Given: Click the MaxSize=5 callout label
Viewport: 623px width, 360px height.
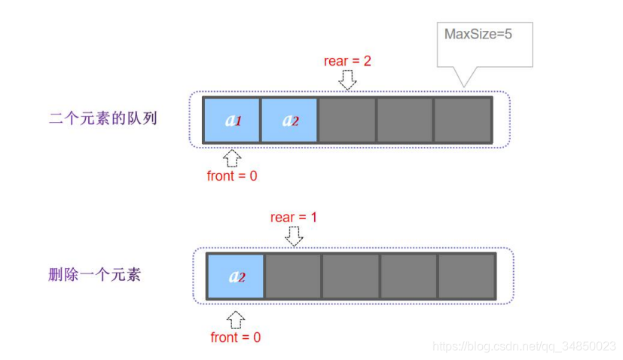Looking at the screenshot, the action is pos(478,34).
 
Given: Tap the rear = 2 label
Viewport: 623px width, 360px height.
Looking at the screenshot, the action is pos(347,61).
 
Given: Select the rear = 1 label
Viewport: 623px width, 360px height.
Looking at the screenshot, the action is pos(294,218).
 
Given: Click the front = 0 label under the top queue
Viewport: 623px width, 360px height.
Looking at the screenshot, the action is pos(232,176).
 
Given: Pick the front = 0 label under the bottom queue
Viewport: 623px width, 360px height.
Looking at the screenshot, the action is pos(236,337).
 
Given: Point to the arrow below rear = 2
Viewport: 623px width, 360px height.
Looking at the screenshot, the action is pos(347,79).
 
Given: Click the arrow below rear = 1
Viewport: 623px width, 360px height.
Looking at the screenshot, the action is pos(294,236).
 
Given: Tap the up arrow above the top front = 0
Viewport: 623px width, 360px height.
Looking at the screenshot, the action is pos(232,157).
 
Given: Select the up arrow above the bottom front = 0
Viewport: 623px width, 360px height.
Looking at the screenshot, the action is pos(236,319).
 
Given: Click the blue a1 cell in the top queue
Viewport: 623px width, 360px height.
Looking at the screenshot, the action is pos(232,120).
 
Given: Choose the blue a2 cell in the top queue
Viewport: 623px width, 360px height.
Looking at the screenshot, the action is pos(289,120).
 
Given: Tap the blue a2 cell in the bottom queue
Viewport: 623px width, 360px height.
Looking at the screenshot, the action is pos(236,276).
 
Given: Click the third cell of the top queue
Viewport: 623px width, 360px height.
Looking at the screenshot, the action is pos(347,120).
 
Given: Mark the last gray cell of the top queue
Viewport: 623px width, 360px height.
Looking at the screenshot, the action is pos(463,120).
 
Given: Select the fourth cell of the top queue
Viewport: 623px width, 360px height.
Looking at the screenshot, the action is pos(405,120).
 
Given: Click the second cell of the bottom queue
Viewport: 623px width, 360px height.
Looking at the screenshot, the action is pos(294,276).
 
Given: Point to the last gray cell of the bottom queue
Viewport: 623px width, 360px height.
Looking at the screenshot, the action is pos(466,276).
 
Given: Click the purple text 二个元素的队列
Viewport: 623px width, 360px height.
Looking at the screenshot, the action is pos(103,118).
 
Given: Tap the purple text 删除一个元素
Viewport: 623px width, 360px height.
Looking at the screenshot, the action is pos(94,274).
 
